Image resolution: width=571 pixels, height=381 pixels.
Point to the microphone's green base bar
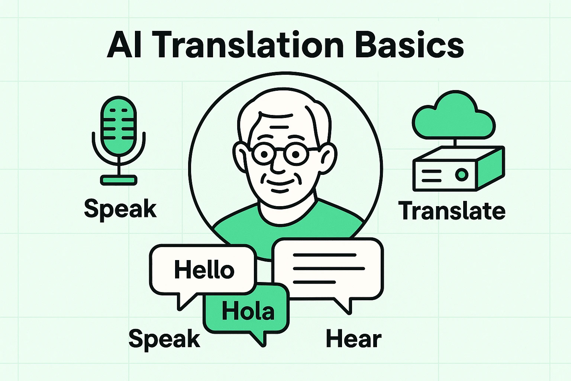click(x=119, y=180)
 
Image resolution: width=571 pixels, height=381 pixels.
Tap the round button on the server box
click(x=461, y=174)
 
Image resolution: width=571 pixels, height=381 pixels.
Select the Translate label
click(x=452, y=211)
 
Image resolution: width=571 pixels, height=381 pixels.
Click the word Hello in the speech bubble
click(x=204, y=270)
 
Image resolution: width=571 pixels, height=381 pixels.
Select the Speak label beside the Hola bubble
click(x=164, y=339)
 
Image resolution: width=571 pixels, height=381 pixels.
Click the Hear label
click(x=354, y=339)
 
